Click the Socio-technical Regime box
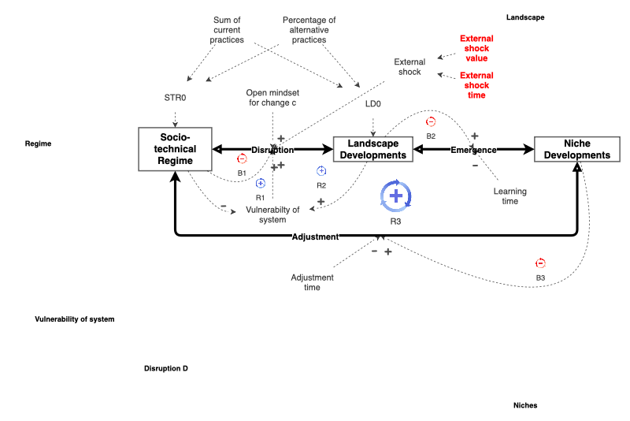click(x=176, y=149)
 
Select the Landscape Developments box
click(x=373, y=150)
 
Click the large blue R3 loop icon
click(x=395, y=196)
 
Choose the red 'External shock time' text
click(x=475, y=85)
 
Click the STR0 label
click(x=175, y=99)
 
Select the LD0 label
click(x=373, y=103)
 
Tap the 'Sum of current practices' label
click(x=228, y=30)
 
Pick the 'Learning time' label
click(x=510, y=196)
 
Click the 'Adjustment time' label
click(x=312, y=282)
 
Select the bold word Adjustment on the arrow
click(x=315, y=237)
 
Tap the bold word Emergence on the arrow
click(x=473, y=150)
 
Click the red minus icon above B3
click(x=540, y=263)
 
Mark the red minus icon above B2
click(x=431, y=122)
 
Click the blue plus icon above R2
click(x=321, y=171)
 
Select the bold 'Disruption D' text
click(x=165, y=368)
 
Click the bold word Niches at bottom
click(x=524, y=405)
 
